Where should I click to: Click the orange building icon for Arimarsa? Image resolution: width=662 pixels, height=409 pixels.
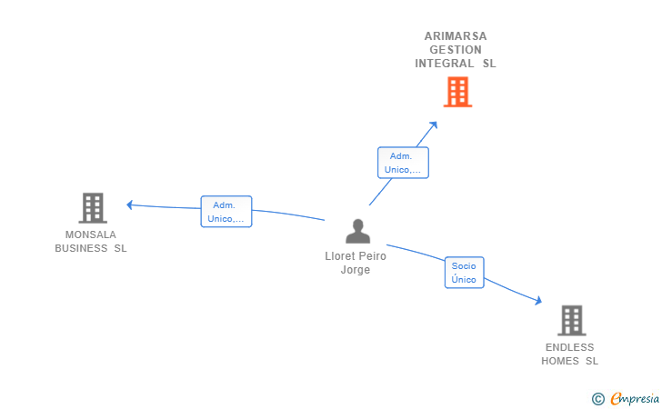[x=457, y=92]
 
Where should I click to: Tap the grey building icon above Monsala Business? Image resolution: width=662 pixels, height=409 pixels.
[x=92, y=208]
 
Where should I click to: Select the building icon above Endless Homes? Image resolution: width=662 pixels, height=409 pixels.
[x=570, y=320]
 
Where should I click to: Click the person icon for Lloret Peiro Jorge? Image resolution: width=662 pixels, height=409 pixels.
[x=357, y=232]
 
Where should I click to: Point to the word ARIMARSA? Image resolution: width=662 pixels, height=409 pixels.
[x=456, y=36]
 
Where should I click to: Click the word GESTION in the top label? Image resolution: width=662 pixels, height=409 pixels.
[x=456, y=50]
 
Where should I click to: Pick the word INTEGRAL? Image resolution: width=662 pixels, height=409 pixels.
[x=444, y=64]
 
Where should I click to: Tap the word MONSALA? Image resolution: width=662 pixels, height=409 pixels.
[x=91, y=234]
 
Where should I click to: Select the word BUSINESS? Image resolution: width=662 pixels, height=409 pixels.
[x=82, y=248]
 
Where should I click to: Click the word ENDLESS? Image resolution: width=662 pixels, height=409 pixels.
[x=569, y=347]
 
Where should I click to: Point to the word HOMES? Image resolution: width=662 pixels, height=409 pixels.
[x=561, y=361]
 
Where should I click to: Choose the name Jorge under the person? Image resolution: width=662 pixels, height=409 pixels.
[x=356, y=270]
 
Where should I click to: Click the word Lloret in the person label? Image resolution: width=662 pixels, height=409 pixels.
[x=341, y=256]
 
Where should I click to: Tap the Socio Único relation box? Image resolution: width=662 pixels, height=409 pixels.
[x=464, y=273]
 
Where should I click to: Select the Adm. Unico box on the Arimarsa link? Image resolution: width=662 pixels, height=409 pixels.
[x=402, y=163]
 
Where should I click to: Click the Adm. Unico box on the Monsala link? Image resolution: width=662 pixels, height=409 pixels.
[x=226, y=212]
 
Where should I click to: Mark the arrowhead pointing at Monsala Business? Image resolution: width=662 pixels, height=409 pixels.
[x=130, y=204]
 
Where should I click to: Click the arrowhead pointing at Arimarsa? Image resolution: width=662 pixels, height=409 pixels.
[x=434, y=125]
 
